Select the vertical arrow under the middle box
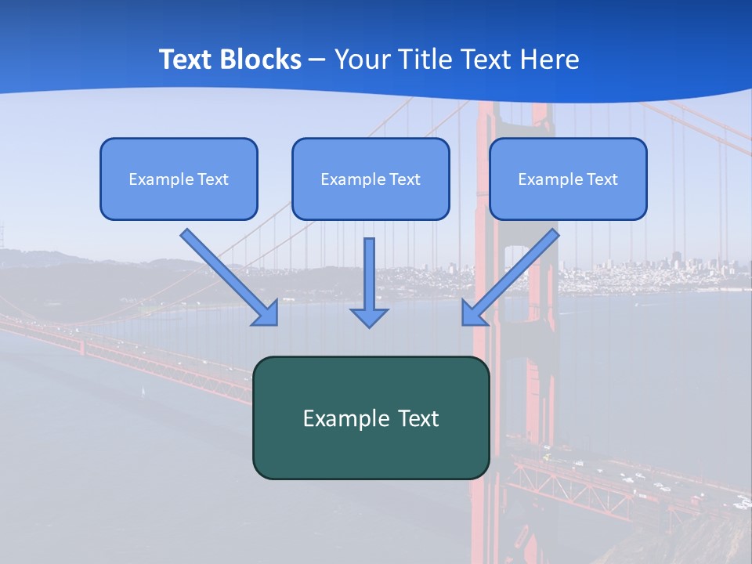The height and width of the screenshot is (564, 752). (370, 274)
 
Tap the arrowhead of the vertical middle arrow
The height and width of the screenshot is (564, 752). (370, 317)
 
